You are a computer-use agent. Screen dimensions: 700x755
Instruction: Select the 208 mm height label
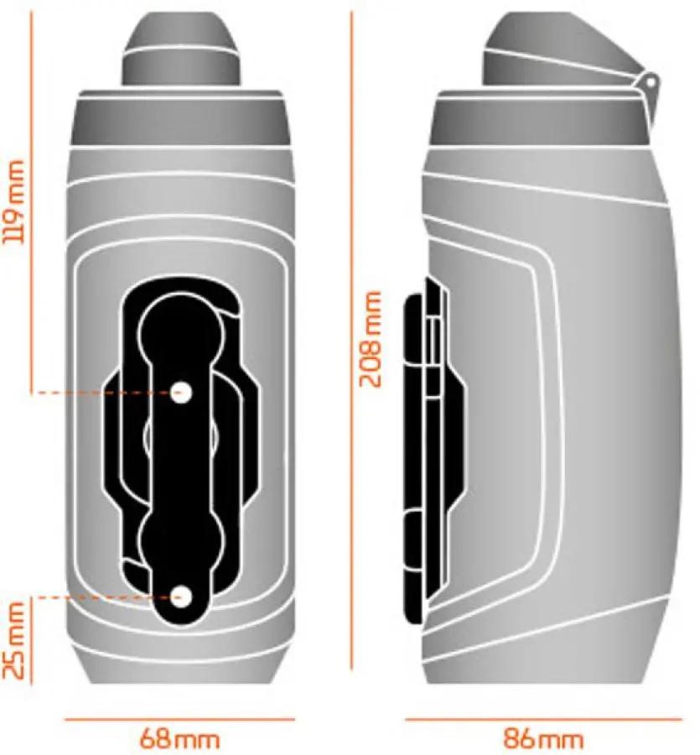pyautogui.click(x=371, y=339)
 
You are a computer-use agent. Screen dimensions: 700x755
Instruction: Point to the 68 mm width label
pyautogui.click(x=179, y=738)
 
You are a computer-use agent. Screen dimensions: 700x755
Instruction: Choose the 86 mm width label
pyautogui.click(x=543, y=738)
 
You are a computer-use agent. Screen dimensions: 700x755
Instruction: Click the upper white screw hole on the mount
pyautogui.click(x=181, y=393)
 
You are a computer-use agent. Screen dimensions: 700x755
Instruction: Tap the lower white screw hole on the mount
pyautogui.click(x=181, y=597)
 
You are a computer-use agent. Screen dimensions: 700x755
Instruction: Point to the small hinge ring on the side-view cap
pyautogui.click(x=650, y=83)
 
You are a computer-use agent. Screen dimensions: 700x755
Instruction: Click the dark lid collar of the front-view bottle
pyautogui.click(x=180, y=118)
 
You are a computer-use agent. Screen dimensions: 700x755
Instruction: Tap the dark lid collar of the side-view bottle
pyautogui.click(x=538, y=118)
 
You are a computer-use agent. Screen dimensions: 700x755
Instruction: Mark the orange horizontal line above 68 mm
pyautogui.click(x=180, y=720)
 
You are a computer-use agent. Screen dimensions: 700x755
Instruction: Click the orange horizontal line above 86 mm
pyautogui.click(x=543, y=720)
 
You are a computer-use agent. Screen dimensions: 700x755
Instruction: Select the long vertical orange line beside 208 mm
pyautogui.click(x=352, y=341)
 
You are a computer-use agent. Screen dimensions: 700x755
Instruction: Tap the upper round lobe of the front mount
pyautogui.click(x=181, y=332)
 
